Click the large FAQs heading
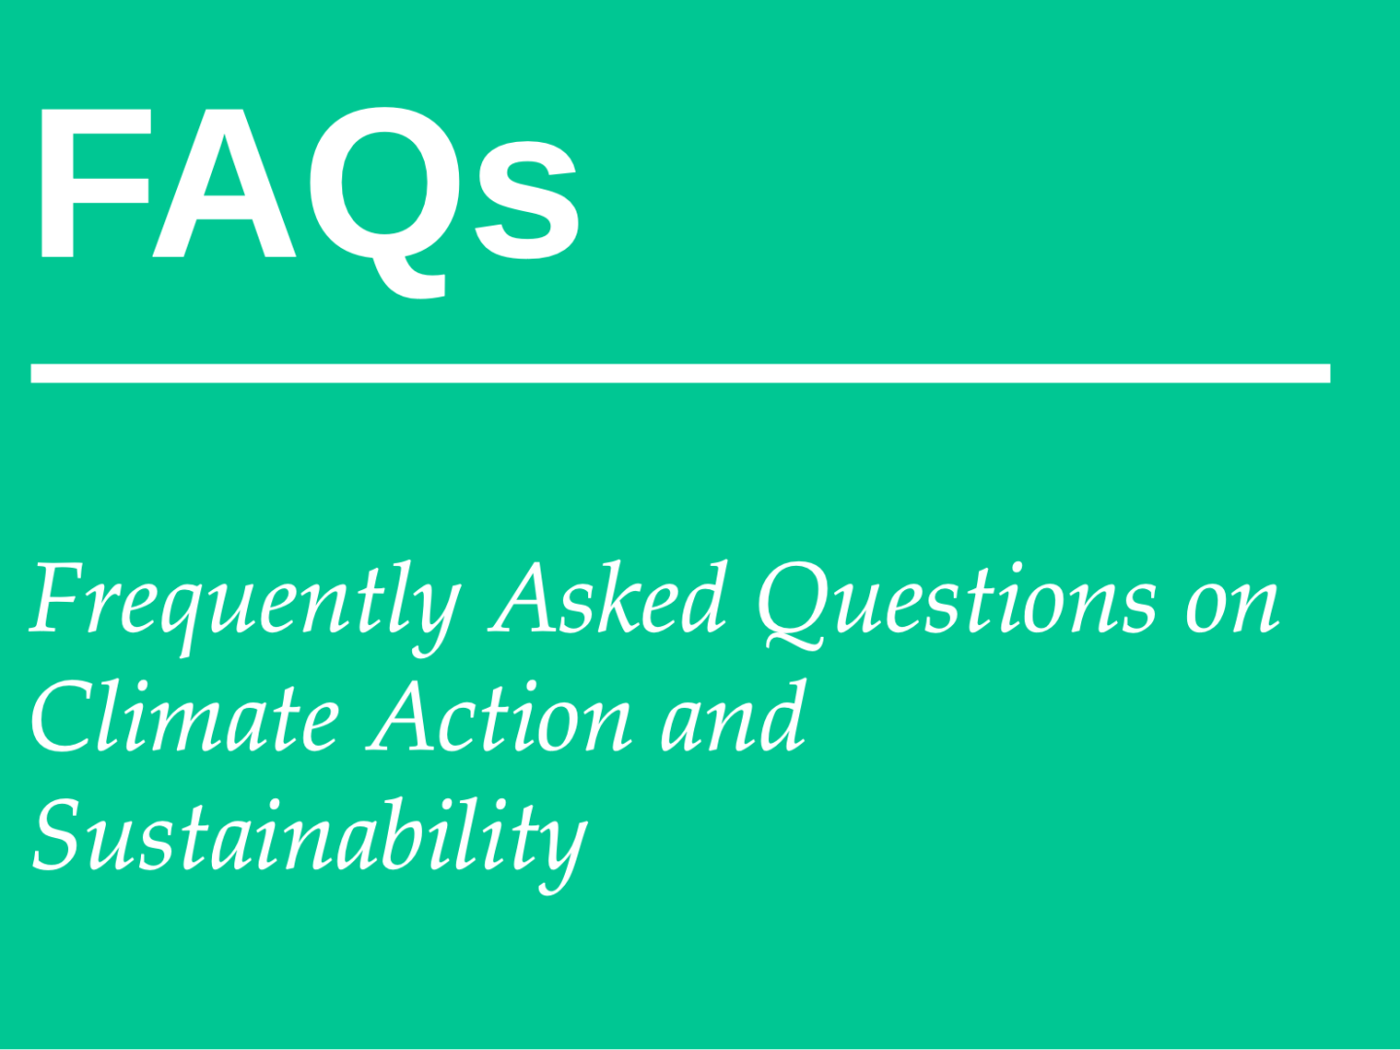pyautogui.click(x=308, y=201)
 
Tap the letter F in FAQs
pyautogui.click(x=95, y=183)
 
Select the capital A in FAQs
pyautogui.click(x=225, y=183)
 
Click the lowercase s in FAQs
pyautogui.click(x=528, y=199)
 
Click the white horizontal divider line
pyautogui.click(x=681, y=373)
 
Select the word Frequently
pyautogui.click(x=245, y=609)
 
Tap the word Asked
pyautogui.click(x=608, y=597)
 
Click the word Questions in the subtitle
pyautogui.click(x=957, y=606)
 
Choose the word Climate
pyautogui.click(x=185, y=716)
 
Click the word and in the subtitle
pyautogui.click(x=733, y=715)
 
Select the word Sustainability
pyautogui.click(x=310, y=845)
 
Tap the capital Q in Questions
pyautogui.click(x=794, y=607)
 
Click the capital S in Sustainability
pyautogui.click(x=58, y=834)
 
